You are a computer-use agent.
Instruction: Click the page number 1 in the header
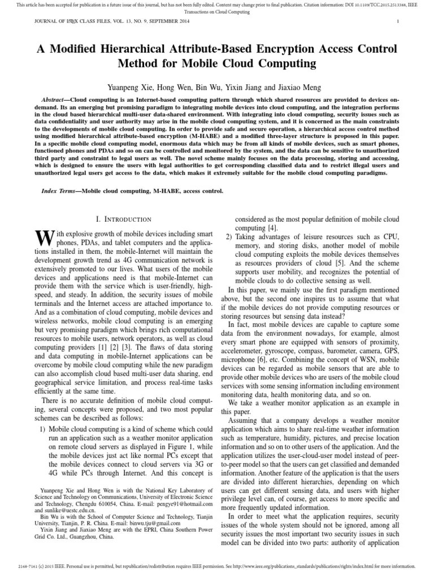tap(398, 22)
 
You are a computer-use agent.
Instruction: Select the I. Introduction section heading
tap(122, 219)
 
